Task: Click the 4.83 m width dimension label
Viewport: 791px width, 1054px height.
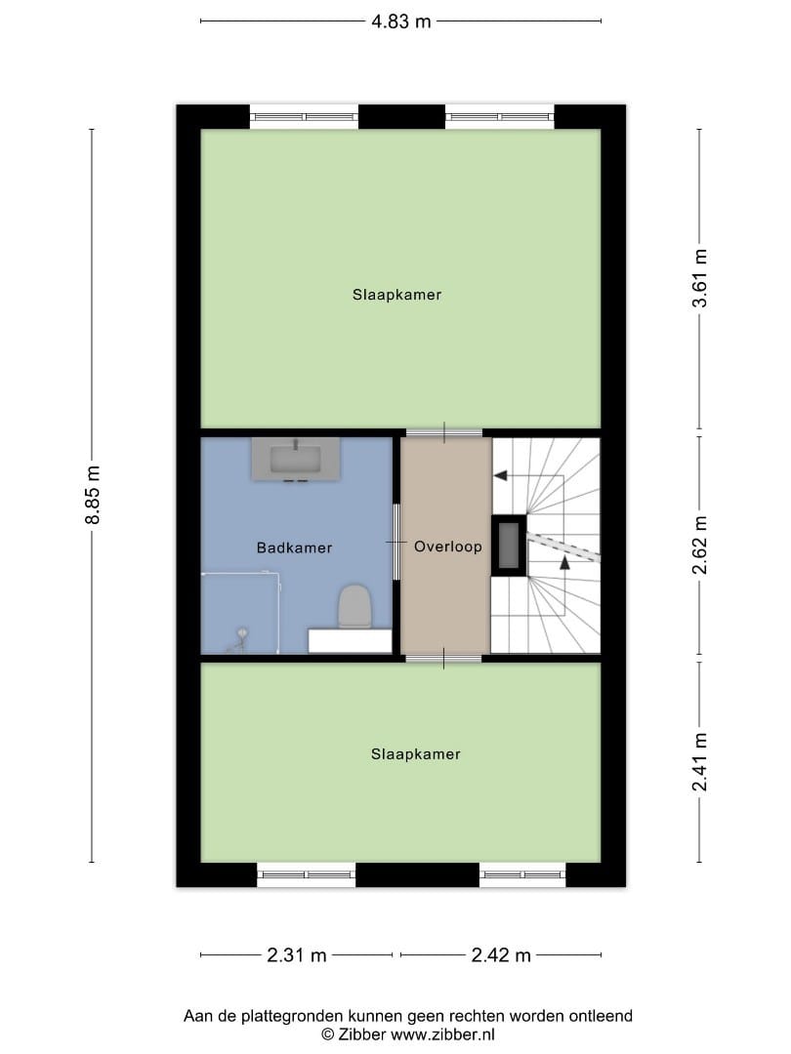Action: (x=401, y=21)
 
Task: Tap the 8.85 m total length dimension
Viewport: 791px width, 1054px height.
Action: (x=93, y=495)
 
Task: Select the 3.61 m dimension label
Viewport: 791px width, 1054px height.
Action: (x=699, y=278)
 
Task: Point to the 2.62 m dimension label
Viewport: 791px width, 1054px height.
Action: (x=699, y=546)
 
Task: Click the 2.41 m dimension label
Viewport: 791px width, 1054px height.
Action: (x=699, y=762)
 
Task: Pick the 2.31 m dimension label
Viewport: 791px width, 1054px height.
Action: (x=297, y=955)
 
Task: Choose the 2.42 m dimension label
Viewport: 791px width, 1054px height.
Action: (x=501, y=955)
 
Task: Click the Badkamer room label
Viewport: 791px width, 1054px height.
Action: (x=295, y=547)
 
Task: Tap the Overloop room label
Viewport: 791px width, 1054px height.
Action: (x=448, y=547)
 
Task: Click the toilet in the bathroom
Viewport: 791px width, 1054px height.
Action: (x=354, y=606)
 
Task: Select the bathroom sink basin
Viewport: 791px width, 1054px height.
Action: (x=296, y=459)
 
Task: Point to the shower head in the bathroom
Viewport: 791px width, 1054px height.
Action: (x=241, y=633)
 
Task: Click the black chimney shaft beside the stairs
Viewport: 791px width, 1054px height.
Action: (x=509, y=546)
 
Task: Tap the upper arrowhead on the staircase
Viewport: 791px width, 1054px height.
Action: (x=500, y=476)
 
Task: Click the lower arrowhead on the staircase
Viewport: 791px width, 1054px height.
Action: (x=565, y=563)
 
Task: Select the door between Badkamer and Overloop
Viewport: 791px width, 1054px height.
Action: (x=396, y=542)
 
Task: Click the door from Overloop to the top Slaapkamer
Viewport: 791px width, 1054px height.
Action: (x=444, y=433)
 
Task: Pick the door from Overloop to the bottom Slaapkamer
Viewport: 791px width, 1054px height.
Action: (x=444, y=658)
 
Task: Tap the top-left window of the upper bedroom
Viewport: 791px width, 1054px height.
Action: (x=304, y=117)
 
